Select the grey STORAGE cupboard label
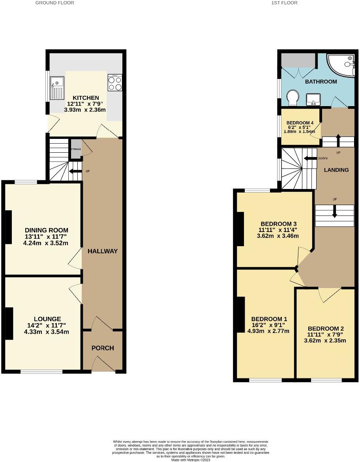[75, 149]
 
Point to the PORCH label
[103, 348]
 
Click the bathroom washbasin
[315, 99]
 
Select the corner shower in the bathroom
[342, 64]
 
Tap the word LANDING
[336, 170]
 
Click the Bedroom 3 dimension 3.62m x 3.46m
[277, 236]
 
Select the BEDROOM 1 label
[269, 319]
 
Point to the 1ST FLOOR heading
[284, 3]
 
